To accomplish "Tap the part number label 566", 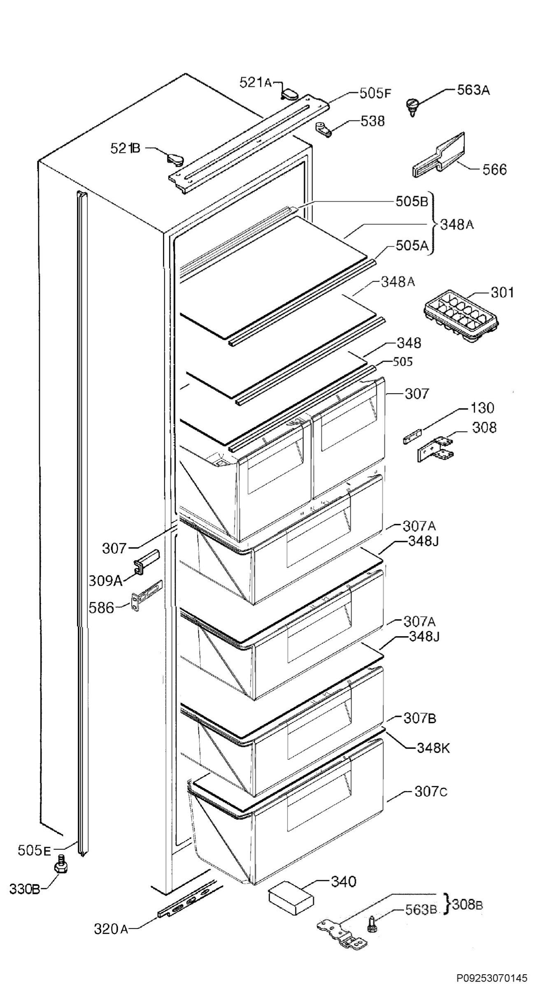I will point(494,169).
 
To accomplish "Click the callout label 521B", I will point(125,148).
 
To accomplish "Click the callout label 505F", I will point(375,93).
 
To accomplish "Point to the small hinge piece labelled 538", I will point(324,129).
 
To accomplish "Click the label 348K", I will point(433,748).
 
